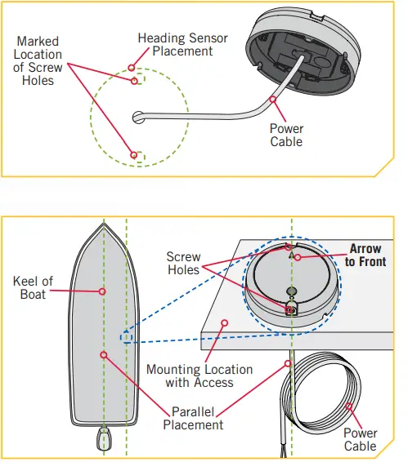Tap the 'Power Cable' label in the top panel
point(286,135)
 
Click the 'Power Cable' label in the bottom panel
point(360,440)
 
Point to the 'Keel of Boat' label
point(34,287)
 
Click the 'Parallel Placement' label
point(193,418)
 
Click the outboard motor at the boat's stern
point(104,441)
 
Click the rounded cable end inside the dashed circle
point(138,117)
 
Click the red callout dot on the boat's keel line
point(102,291)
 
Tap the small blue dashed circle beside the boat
point(125,337)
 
